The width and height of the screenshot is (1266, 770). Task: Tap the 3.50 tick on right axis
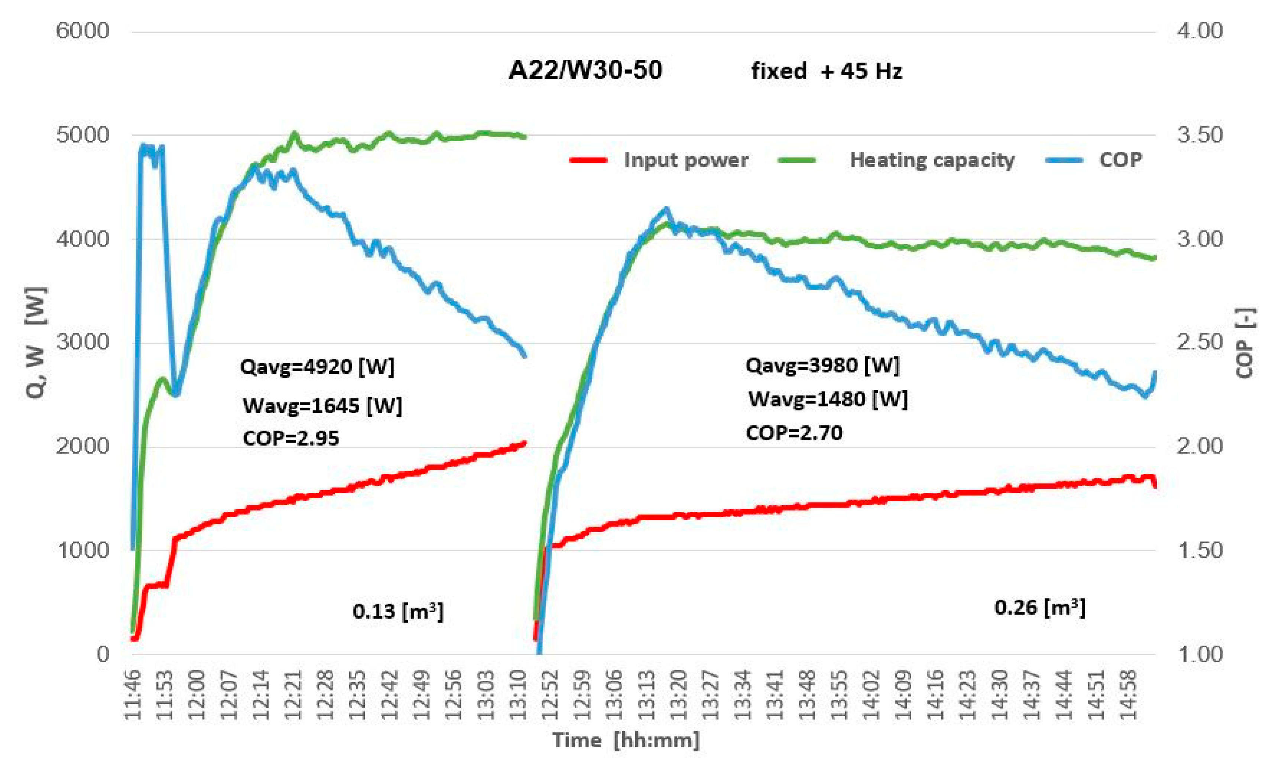point(1200,135)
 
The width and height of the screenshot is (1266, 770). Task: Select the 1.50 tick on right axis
point(1200,550)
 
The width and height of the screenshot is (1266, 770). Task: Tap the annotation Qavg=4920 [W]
point(317,367)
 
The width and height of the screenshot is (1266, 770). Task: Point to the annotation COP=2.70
point(794,433)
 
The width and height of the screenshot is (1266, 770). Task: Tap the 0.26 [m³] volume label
point(1040,608)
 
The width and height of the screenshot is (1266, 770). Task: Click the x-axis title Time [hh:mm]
point(625,740)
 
